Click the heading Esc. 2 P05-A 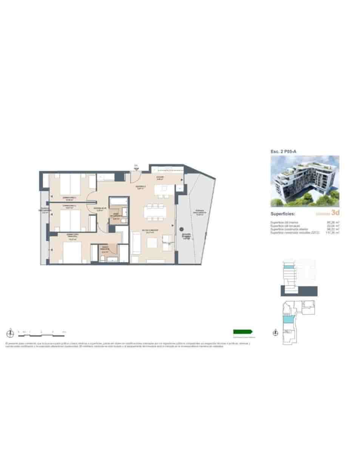[283, 151]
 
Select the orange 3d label [335, 213]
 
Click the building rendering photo [305, 181]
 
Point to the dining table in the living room [155, 212]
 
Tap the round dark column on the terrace [182, 229]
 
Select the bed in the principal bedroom [72, 253]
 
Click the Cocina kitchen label [160, 177]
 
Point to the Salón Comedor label [150, 231]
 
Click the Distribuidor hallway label [100, 209]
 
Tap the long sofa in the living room [135, 244]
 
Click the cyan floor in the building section [288, 267]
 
